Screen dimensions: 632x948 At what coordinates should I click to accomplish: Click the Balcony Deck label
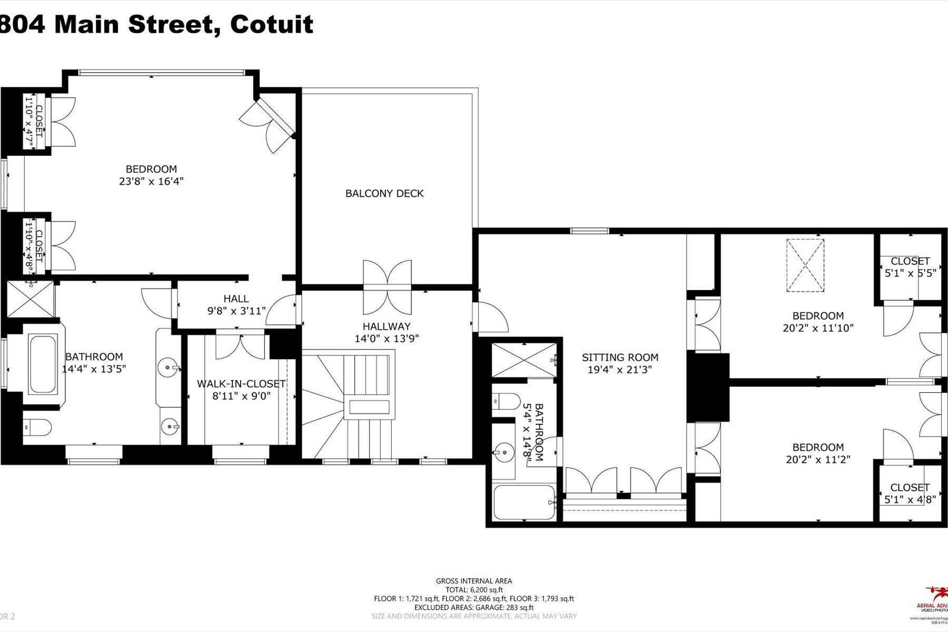(384, 193)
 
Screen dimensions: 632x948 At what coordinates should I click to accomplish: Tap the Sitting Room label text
(620, 358)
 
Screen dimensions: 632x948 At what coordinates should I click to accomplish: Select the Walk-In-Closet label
(241, 384)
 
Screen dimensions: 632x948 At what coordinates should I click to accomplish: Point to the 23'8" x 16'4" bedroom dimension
(151, 181)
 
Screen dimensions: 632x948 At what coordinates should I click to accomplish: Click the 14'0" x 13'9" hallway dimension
(387, 338)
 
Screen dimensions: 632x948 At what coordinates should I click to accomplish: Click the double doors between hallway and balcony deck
(387, 287)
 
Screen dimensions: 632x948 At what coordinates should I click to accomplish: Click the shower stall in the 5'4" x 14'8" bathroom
(524, 359)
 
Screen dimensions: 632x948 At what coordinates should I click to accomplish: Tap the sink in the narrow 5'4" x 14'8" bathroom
(503, 451)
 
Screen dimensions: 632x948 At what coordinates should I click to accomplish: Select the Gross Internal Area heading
(473, 581)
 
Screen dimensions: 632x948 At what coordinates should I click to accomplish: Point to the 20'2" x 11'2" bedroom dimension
(818, 459)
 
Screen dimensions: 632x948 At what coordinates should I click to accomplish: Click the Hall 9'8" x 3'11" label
(236, 305)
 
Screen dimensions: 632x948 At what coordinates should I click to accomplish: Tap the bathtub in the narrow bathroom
(524, 502)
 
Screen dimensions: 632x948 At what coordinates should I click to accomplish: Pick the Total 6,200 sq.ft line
(473, 590)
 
